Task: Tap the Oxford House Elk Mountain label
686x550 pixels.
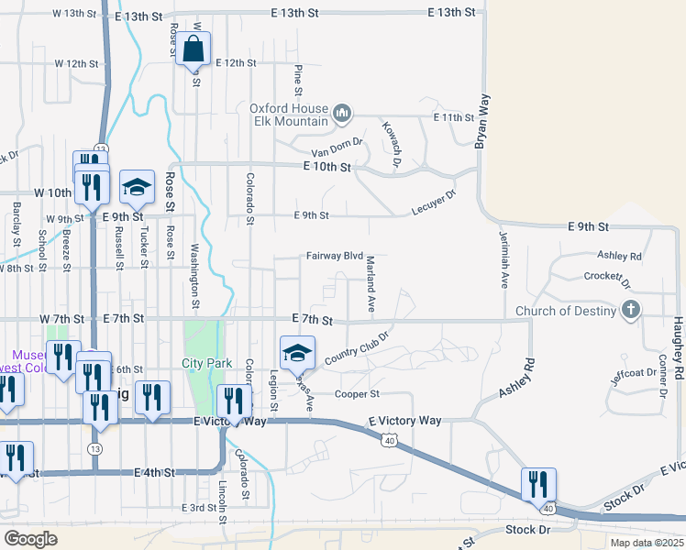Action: (x=289, y=115)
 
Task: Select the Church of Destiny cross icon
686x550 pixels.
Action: (x=630, y=311)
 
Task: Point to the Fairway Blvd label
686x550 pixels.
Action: (x=335, y=257)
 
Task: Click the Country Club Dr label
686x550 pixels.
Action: (x=357, y=346)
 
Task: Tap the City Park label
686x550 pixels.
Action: (x=206, y=363)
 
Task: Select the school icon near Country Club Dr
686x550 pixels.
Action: (x=297, y=352)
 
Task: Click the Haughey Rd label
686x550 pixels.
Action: (x=677, y=349)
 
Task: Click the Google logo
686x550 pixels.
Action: (x=30, y=538)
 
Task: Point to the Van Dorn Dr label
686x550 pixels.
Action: (x=337, y=147)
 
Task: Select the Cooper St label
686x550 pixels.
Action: (x=357, y=394)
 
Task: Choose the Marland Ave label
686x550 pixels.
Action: (x=371, y=285)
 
